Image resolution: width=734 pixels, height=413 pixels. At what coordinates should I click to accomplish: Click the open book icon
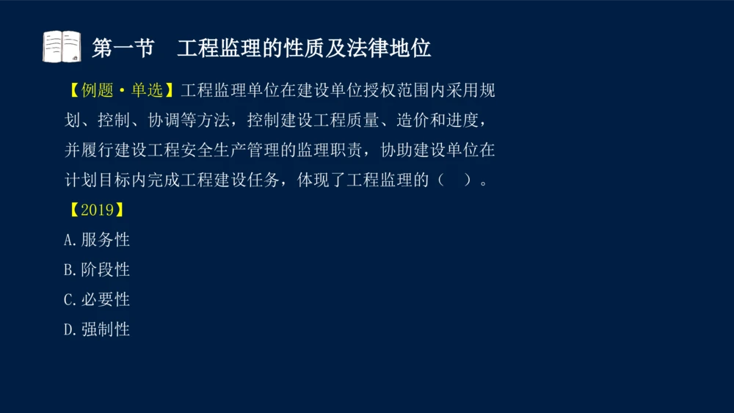tap(62, 47)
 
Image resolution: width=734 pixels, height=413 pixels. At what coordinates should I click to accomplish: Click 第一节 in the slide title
tap(123, 48)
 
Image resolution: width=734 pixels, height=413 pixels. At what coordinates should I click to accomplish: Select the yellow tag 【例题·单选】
tap(121, 90)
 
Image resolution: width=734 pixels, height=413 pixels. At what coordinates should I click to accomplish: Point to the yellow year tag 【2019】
tap(95, 210)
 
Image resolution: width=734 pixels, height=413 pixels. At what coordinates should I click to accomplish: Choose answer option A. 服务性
tap(97, 240)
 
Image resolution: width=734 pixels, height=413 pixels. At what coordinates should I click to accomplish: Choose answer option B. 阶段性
tap(97, 270)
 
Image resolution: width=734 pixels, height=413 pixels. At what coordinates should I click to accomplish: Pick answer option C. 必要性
tap(97, 299)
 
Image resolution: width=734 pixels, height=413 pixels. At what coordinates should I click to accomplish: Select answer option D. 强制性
tap(97, 329)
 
